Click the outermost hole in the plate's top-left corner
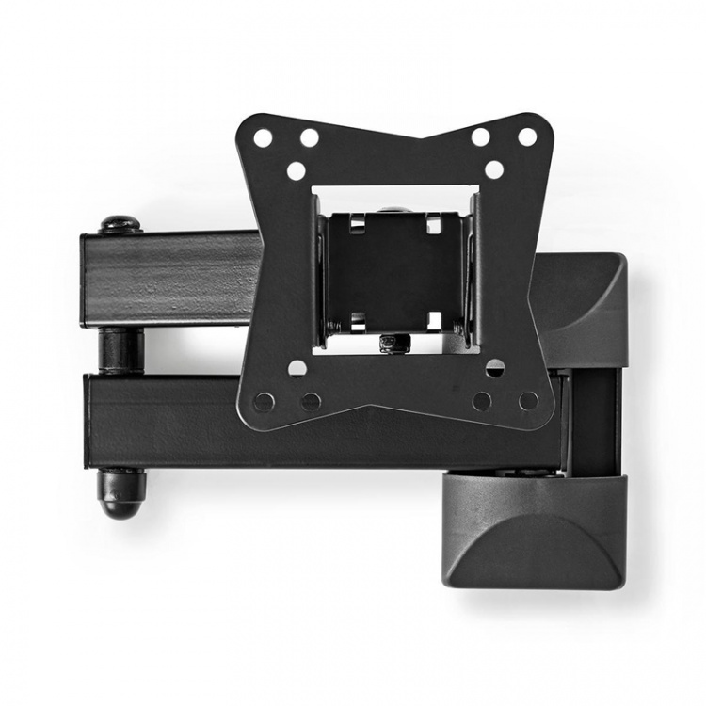pos(263,137)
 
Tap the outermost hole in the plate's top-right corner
pos(527,136)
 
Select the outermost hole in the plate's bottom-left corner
pos(265,402)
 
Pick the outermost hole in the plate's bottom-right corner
pos(529,401)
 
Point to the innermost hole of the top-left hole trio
pos(297,170)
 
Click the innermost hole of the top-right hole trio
pos(493,170)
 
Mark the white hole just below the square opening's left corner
pos(297,367)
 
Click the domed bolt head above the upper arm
pos(120,224)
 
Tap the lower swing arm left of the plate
pos(160,420)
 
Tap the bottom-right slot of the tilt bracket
pos(434,321)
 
